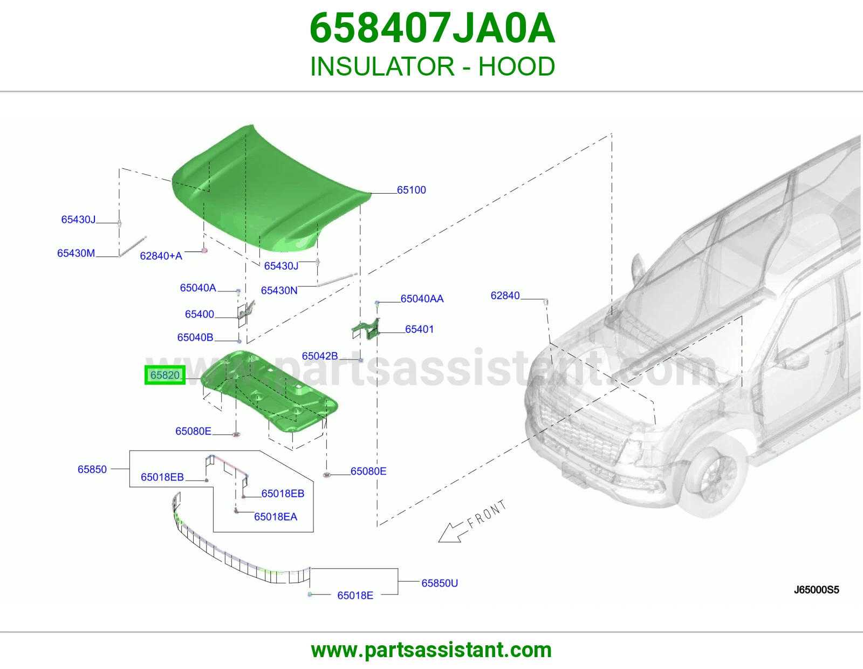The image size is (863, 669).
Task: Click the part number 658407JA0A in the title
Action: click(x=432, y=28)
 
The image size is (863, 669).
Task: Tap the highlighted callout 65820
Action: click(x=165, y=375)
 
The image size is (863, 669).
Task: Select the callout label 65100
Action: click(x=412, y=190)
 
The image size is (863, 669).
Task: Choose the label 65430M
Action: click(x=76, y=253)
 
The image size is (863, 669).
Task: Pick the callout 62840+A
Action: click(x=161, y=256)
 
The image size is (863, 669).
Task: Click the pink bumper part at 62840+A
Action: click(x=204, y=251)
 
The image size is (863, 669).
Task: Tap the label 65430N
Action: click(x=279, y=290)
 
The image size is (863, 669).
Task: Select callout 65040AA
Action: click(x=422, y=299)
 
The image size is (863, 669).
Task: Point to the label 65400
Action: click(x=200, y=314)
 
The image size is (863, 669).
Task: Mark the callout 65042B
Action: click(x=320, y=356)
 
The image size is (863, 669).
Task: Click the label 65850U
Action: click(x=440, y=583)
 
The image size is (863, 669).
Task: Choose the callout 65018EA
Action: click(x=276, y=517)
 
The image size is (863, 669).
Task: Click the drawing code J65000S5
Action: click(x=817, y=590)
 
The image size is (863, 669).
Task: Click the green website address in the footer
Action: click(x=432, y=651)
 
